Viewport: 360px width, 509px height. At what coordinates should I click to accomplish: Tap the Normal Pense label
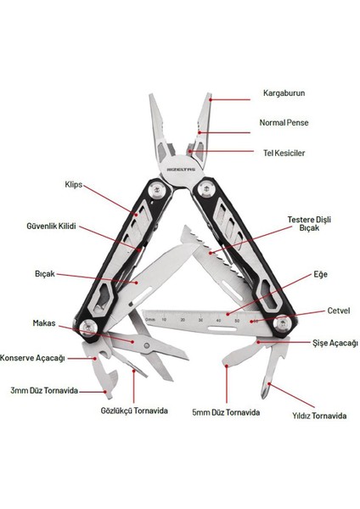point(284,122)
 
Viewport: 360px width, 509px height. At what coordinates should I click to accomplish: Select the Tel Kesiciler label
point(282,154)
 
